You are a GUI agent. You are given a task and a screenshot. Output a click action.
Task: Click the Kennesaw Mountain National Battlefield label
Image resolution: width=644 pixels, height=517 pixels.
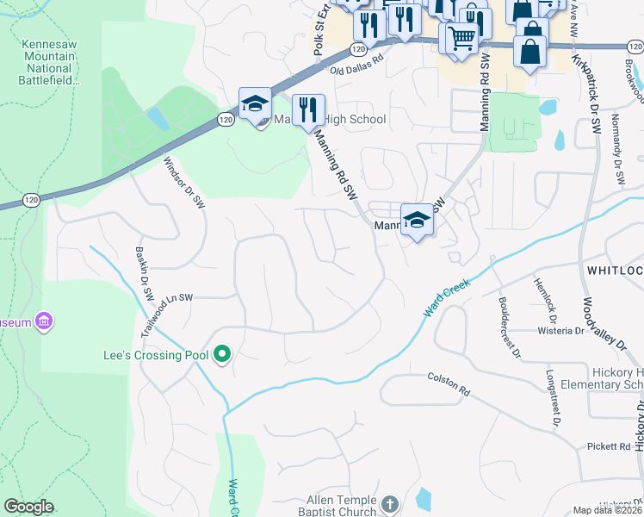click(50, 61)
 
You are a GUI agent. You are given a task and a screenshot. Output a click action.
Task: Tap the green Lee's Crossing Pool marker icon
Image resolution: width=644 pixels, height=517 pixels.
click(222, 354)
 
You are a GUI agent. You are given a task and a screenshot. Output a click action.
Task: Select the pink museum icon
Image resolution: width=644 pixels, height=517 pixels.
click(44, 322)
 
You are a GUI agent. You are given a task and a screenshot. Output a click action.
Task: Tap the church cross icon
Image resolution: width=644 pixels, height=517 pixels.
click(389, 503)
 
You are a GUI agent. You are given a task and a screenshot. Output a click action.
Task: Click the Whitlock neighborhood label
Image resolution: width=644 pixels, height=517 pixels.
click(615, 271)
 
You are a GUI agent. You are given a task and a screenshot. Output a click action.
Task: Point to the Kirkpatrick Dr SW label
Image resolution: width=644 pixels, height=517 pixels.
click(585, 96)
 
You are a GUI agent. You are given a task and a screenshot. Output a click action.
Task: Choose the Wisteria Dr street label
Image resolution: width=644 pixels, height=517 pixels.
click(560, 329)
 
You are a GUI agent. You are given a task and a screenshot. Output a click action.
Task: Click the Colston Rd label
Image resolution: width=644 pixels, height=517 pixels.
click(449, 384)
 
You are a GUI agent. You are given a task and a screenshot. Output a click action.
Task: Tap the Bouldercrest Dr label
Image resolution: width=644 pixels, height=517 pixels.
click(510, 327)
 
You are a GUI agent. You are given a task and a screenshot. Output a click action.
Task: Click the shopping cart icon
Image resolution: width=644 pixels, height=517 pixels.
click(461, 37)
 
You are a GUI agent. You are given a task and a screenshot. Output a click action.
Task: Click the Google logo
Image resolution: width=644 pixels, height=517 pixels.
click(28, 507)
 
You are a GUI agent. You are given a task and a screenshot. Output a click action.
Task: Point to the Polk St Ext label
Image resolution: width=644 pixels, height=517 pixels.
click(322, 29)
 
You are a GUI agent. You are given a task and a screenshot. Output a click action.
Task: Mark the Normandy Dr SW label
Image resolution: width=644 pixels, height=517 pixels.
click(616, 149)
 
